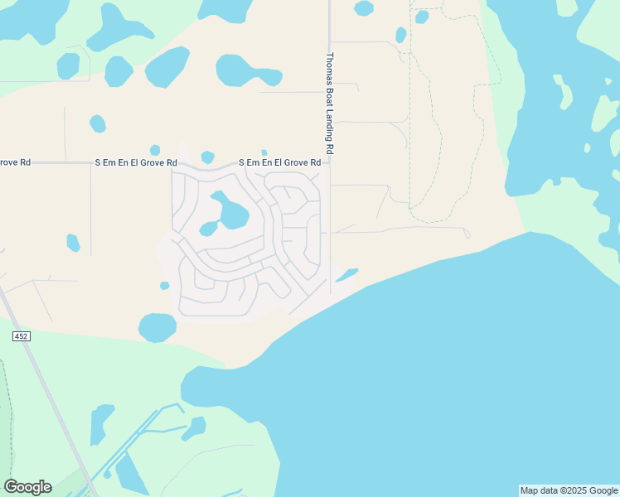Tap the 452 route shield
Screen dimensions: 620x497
pyautogui.click(x=21, y=335)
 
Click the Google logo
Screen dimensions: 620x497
pyautogui.click(x=27, y=487)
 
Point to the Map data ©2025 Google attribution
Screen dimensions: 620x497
pyautogui.click(x=569, y=490)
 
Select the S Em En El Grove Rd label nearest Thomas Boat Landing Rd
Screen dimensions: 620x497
pyautogui.click(x=279, y=163)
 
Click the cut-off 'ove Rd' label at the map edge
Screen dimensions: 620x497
pyautogui.click(x=15, y=162)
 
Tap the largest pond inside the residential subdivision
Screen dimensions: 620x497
pyautogui.click(x=231, y=214)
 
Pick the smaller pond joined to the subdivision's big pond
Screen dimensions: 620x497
pyautogui.click(x=208, y=229)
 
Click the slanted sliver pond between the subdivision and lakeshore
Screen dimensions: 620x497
pyautogui.click(x=346, y=274)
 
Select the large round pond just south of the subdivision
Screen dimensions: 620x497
pyautogui.click(x=157, y=327)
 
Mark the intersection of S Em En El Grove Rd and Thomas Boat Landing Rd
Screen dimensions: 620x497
pyautogui.click(x=330, y=162)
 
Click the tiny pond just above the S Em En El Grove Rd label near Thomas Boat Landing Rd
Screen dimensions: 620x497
pyautogui.click(x=264, y=152)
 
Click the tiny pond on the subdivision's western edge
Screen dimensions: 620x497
pyautogui.click(x=164, y=286)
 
